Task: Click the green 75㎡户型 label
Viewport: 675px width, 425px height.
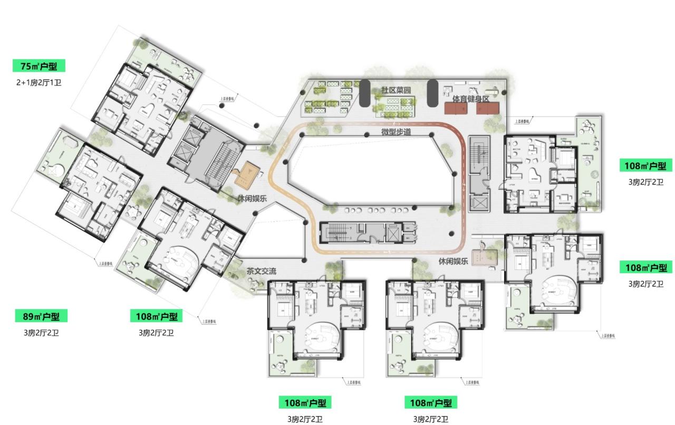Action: click(x=42, y=66)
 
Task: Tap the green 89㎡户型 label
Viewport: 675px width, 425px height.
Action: click(x=41, y=316)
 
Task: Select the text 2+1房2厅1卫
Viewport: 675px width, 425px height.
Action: click(x=38, y=82)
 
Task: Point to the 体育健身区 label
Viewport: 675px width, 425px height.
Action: click(x=470, y=99)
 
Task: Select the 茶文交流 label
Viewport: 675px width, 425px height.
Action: click(x=261, y=272)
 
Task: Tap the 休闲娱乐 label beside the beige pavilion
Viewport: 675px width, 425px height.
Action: click(x=453, y=261)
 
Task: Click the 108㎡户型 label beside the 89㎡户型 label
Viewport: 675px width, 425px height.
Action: click(x=157, y=316)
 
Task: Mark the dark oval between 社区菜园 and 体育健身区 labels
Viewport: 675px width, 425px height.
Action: click(x=432, y=93)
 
